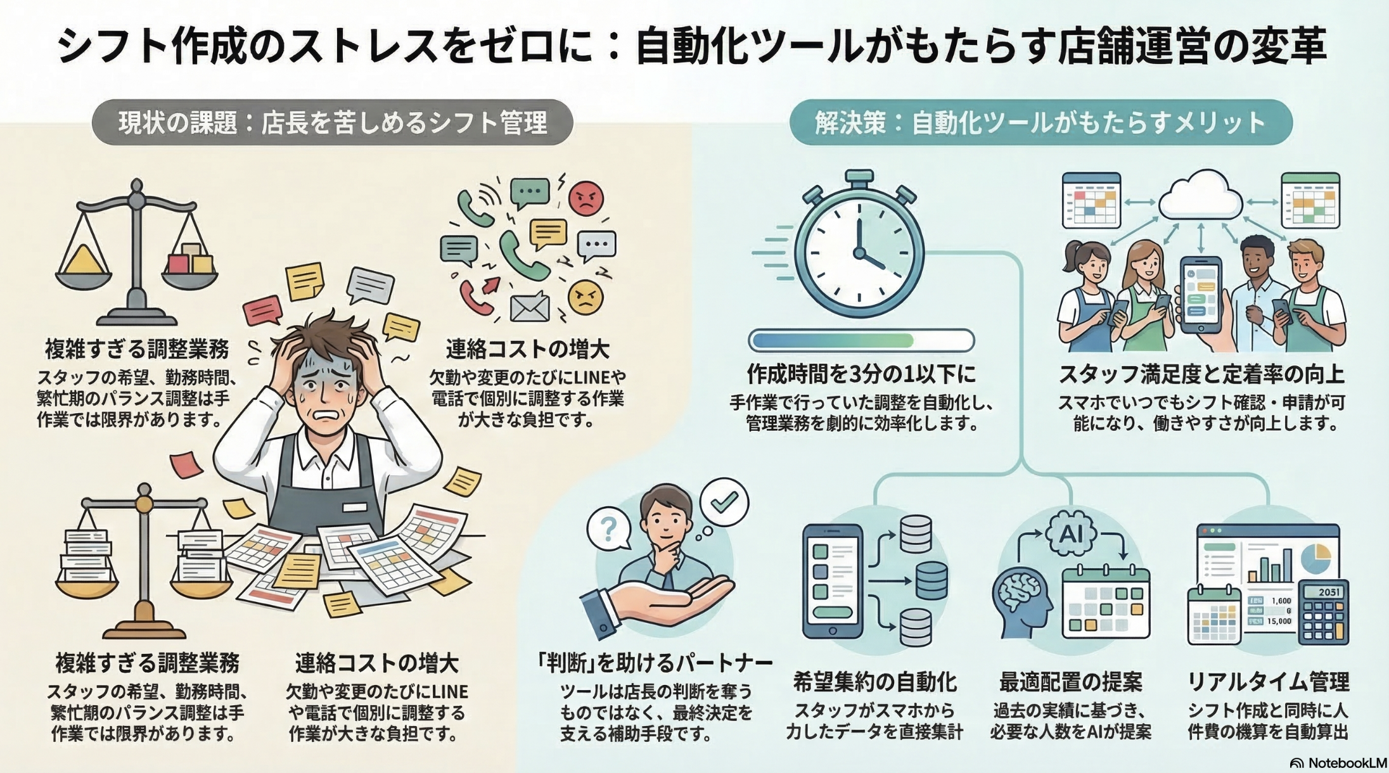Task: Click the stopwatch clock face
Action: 859,253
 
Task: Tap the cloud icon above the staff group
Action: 1200,197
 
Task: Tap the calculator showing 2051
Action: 1323,612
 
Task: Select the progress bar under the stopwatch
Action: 861,340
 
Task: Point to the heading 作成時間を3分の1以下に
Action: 861,374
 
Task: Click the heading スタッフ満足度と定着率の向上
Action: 1201,374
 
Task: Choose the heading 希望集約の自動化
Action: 874,682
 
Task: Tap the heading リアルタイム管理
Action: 1268,682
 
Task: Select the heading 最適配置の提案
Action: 1071,682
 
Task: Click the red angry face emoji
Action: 586,198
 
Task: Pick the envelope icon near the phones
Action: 530,307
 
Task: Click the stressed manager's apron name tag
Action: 354,508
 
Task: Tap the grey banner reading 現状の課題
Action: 332,122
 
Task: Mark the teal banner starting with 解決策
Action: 1040,122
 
